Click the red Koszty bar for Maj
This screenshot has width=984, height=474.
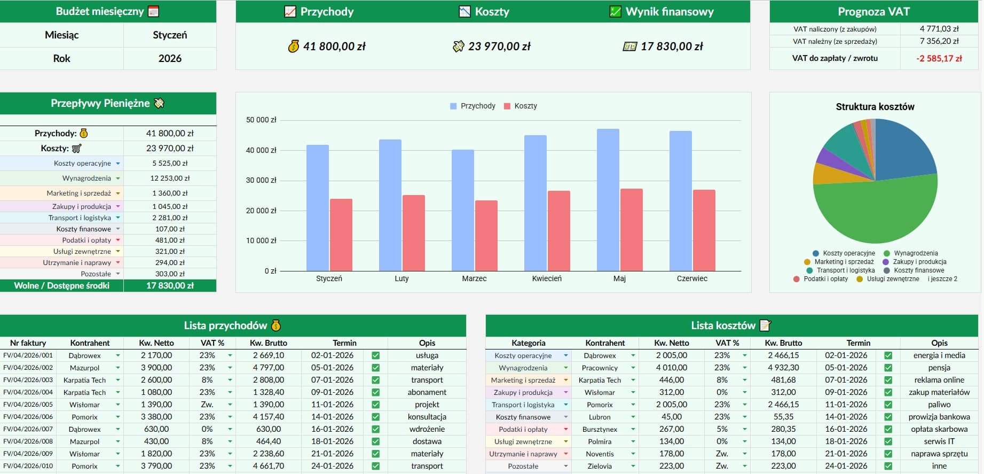[x=631, y=230]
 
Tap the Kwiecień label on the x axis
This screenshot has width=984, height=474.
[x=547, y=278]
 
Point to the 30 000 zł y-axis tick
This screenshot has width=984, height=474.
[x=261, y=180]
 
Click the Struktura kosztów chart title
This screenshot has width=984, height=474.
[x=875, y=106]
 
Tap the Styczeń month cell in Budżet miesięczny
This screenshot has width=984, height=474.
[x=170, y=35]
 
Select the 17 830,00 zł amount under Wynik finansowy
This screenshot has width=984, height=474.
[x=671, y=46]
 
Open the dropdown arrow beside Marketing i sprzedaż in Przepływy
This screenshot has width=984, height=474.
[x=118, y=193]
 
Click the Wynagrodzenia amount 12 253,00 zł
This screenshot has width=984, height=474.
[x=170, y=178]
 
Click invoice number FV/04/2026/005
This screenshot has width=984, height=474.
[x=28, y=405]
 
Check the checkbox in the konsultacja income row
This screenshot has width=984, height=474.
[x=375, y=417]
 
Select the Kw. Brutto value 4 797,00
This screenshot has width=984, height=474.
[x=268, y=368]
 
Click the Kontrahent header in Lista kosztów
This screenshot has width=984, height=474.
[x=604, y=343]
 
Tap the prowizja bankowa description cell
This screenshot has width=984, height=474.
[x=939, y=417]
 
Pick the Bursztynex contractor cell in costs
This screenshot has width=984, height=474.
[x=600, y=429]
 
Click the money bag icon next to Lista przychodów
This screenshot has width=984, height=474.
[x=275, y=325]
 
